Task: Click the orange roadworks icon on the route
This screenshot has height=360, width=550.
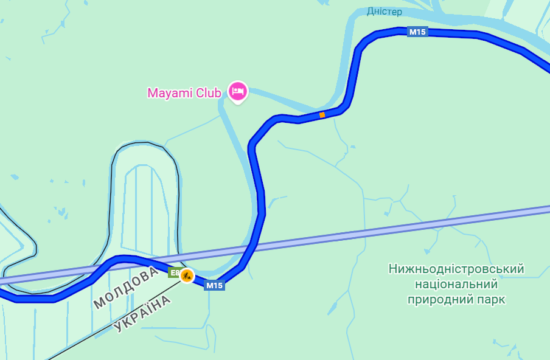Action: point(187,275)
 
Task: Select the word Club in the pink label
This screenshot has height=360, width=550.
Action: point(208,93)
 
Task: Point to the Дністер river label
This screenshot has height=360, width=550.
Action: point(384,12)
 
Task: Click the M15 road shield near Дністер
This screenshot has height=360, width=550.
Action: point(417,32)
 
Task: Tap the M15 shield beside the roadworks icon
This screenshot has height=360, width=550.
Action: point(214,285)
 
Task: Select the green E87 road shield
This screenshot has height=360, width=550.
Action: point(174,273)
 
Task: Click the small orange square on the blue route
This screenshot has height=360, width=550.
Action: point(322,114)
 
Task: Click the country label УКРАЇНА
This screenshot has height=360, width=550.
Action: point(142,314)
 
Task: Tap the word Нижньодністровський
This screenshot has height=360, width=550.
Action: point(456,269)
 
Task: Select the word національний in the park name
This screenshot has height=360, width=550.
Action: point(456,284)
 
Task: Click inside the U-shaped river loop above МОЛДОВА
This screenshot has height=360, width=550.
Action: point(145,201)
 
